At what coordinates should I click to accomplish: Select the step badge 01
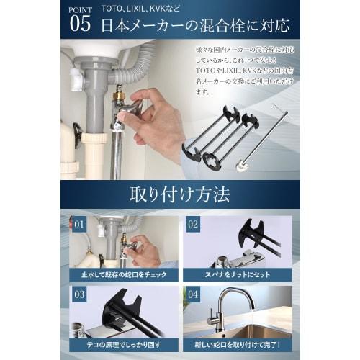[x=79, y=224]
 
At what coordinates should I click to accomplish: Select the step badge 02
[x=194, y=224]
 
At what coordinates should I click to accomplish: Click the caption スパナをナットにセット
[x=237, y=274]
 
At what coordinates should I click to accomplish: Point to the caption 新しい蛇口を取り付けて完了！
[x=237, y=343]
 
